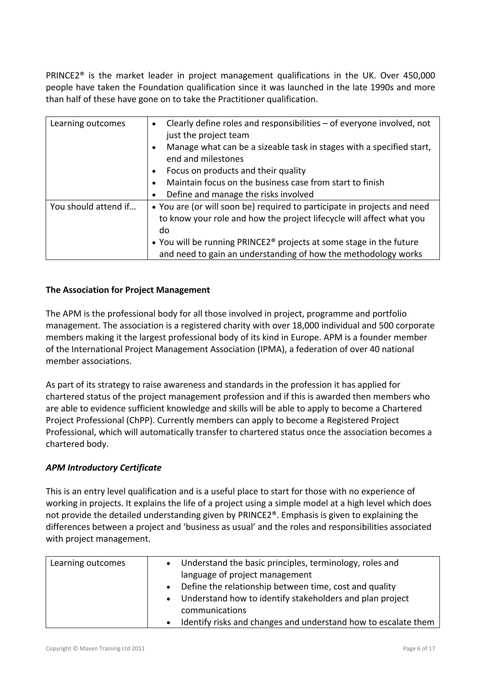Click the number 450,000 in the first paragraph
tap(419, 76)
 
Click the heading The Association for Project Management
tap(128, 290)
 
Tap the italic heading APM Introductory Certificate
tap(103, 468)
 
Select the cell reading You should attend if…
tap(93, 207)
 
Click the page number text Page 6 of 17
tap(419, 648)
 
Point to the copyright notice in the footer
tap(95, 648)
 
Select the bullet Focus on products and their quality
tap(236, 171)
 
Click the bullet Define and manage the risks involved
tap(240, 195)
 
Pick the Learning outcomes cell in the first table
tap(88, 123)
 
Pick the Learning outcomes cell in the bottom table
tap(88, 563)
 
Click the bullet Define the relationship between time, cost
tap(288, 587)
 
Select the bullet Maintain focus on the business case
tap(275, 183)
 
